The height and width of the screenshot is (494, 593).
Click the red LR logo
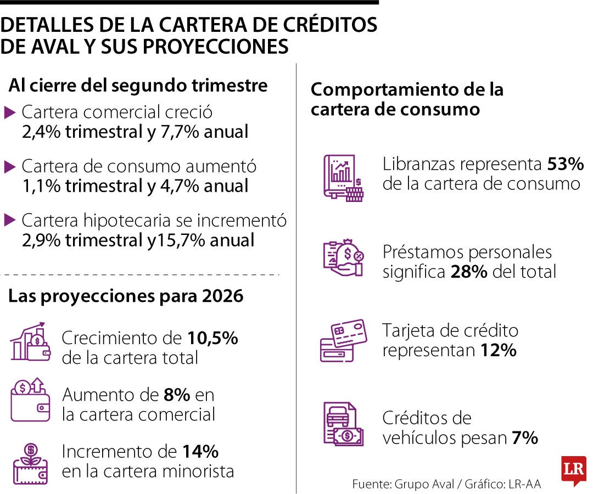point(574,470)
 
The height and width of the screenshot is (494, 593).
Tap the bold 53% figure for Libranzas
point(566,164)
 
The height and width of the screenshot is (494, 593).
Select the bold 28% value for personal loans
point(469,272)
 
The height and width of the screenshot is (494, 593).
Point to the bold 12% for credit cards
point(499,350)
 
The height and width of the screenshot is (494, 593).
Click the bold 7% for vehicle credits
point(525,437)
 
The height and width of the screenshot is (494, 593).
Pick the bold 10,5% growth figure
point(212,338)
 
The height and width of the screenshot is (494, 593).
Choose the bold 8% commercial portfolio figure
point(177,395)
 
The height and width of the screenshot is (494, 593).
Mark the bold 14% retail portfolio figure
point(200,452)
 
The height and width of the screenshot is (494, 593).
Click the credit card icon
point(343,340)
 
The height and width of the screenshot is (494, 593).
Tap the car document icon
point(343,424)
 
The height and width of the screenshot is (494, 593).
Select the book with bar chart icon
point(343,178)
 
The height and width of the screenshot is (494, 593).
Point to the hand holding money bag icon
point(343,257)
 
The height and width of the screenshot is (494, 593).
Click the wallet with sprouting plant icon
point(31,464)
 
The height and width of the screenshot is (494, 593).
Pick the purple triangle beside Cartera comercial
point(9,113)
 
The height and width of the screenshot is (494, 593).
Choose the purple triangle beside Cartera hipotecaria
point(9,220)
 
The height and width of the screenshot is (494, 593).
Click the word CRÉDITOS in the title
point(330,25)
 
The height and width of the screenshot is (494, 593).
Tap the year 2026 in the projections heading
point(222,296)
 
